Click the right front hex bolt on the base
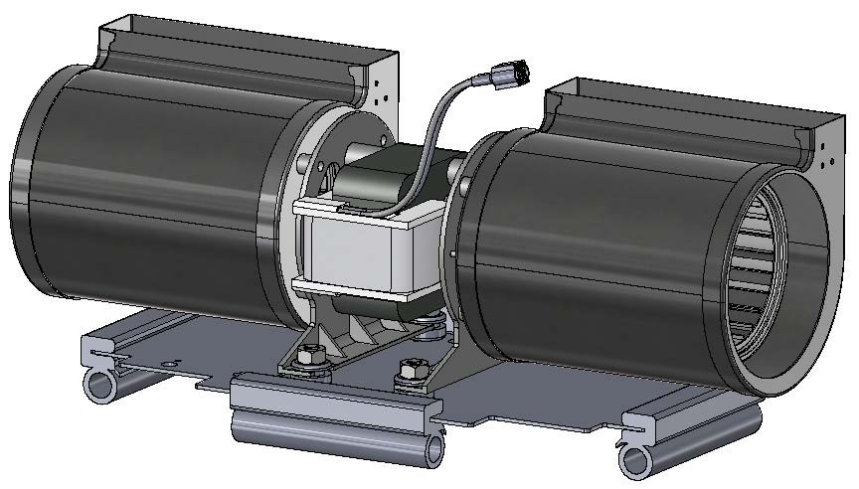(406, 376)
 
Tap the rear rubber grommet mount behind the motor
(431, 324)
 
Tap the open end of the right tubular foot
(637, 459)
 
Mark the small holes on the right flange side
(825, 154)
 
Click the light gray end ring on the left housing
(283, 219)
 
